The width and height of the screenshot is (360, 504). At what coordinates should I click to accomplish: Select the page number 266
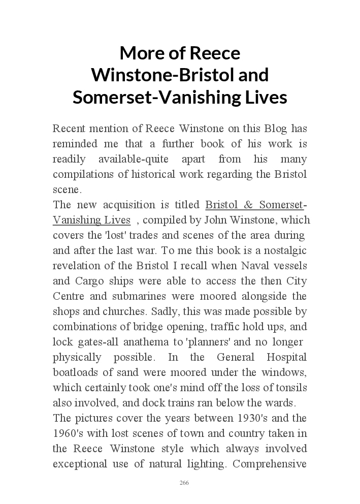184,483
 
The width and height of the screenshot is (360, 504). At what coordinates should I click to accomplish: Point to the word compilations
83,174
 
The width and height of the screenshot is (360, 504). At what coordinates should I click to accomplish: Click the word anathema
143,342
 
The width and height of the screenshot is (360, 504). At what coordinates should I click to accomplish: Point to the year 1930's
257,418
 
